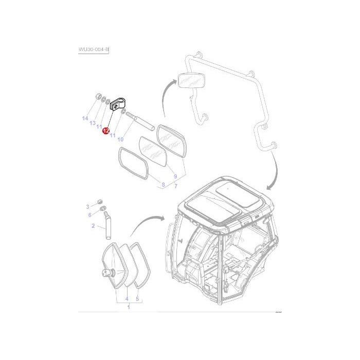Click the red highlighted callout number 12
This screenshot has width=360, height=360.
tap(106, 131)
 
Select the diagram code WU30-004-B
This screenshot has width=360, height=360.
tap(94, 49)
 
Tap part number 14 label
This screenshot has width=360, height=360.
tap(85, 118)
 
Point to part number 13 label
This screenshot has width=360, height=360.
tap(93, 123)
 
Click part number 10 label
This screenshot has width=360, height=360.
tap(120, 139)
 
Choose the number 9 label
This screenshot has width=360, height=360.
tap(175, 176)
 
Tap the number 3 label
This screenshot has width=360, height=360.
tap(87, 207)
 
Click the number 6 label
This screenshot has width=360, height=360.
tap(90, 215)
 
